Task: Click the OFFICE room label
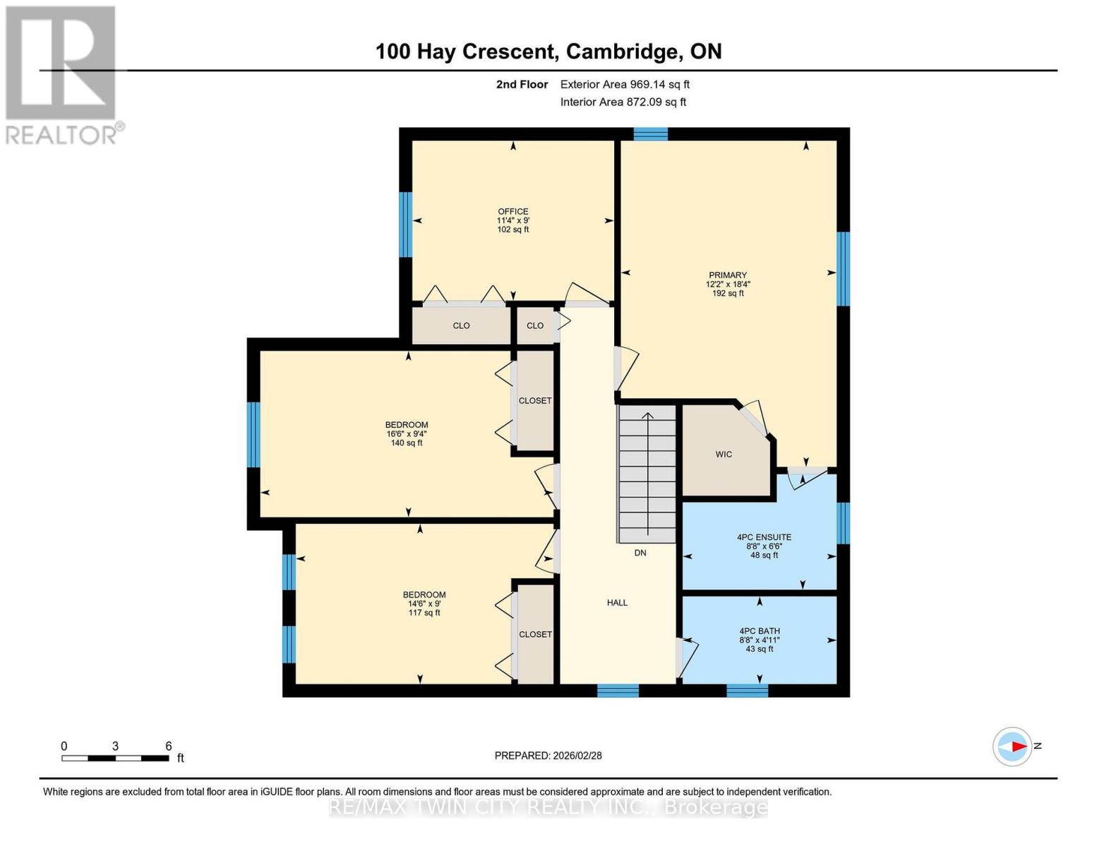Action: tap(512, 212)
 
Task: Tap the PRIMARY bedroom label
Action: tap(728, 275)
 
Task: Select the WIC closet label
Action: tap(724, 455)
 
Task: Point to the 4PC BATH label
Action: tap(760, 631)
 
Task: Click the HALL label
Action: tap(617, 603)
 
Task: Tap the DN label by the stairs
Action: tap(640, 553)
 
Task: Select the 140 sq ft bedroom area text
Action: tap(407, 443)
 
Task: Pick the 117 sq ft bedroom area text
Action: tap(424, 613)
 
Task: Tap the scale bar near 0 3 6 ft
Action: tap(115, 759)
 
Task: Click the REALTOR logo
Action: tap(62, 74)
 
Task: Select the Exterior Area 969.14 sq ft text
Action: tap(625, 85)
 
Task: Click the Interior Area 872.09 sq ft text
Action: tap(623, 102)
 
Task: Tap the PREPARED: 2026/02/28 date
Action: tap(548, 756)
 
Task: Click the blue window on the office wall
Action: tap(405, 224)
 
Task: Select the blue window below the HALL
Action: tap(618, 690)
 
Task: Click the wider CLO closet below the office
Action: tap(461, 325)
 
